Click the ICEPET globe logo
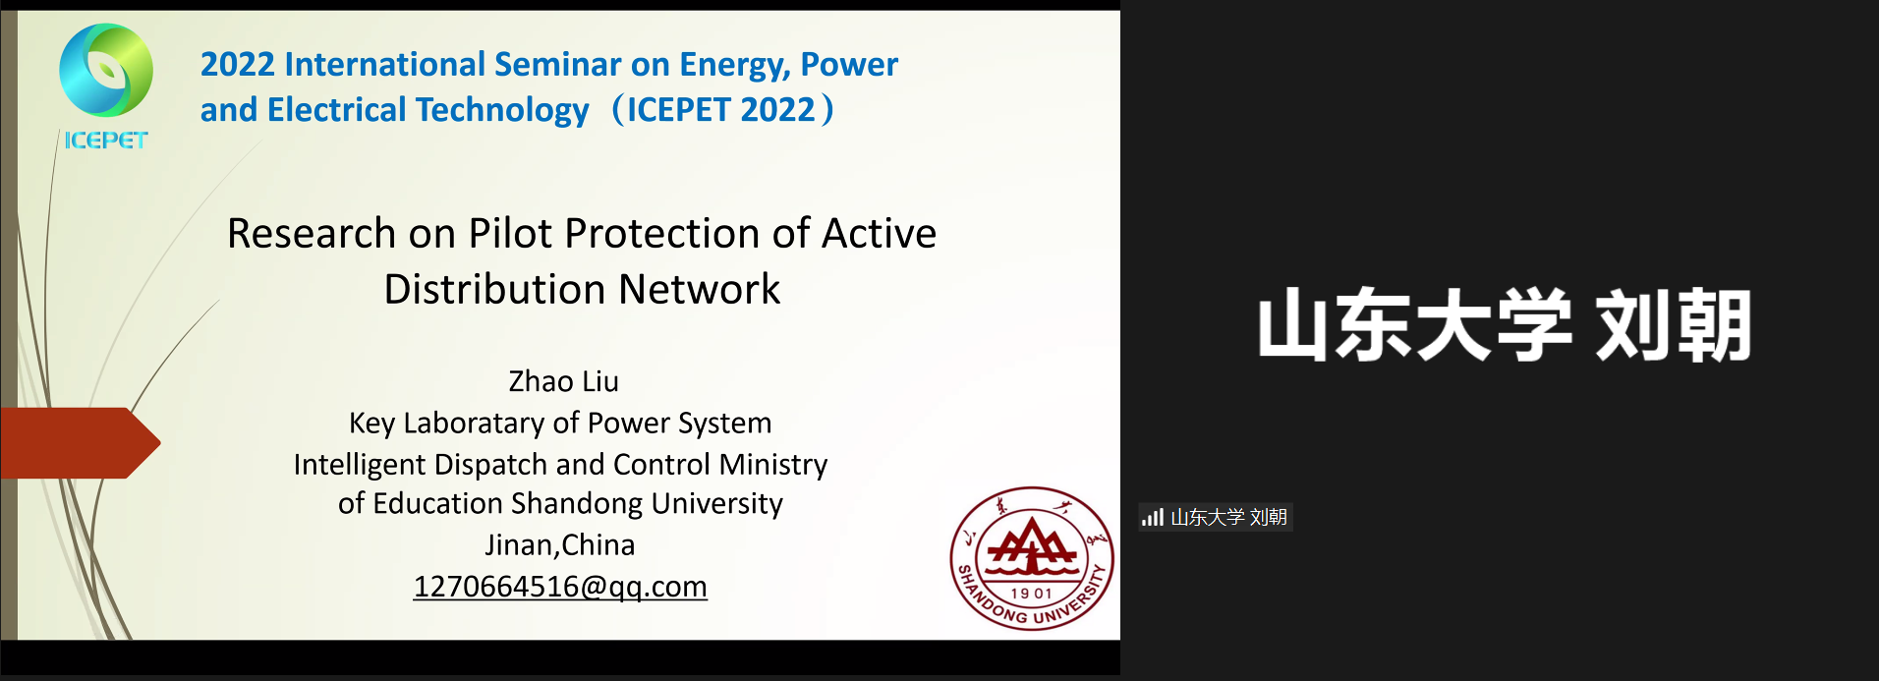106,71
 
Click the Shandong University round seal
1032,558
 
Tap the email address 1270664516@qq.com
560,587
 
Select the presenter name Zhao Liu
563,381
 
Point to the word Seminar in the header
557,64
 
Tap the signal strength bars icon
1153,517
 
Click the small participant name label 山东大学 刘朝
1228,517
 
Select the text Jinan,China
560,544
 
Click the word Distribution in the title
495,290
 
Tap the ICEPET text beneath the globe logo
106,141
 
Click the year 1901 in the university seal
1032,594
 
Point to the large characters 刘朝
1674,325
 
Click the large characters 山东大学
1415,325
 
